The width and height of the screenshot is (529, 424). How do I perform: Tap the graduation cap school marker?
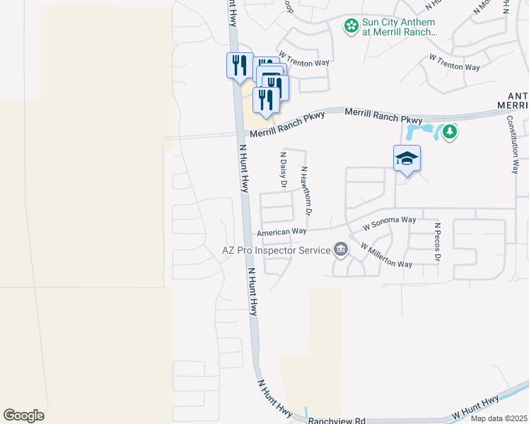pos(407,158)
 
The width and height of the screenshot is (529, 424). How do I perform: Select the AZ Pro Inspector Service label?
pos(276,250)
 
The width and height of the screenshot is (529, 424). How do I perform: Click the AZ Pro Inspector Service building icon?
pos(340,249)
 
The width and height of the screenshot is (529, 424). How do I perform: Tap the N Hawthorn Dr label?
pos(306,190)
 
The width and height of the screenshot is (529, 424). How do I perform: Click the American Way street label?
pos(281,232)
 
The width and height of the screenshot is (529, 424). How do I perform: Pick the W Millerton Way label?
pos(385,255)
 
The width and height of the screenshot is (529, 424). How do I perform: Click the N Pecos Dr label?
pos(438,242)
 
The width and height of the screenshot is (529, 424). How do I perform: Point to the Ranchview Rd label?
pos(337,420)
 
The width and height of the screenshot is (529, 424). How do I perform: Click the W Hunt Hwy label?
pos(475,407)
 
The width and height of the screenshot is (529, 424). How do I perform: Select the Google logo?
pos(23,416)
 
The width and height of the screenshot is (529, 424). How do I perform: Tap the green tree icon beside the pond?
pos(449,131)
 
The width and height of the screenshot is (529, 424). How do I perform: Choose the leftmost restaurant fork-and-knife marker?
pos(239,66)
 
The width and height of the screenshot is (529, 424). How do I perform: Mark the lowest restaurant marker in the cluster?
pos(265,100)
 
